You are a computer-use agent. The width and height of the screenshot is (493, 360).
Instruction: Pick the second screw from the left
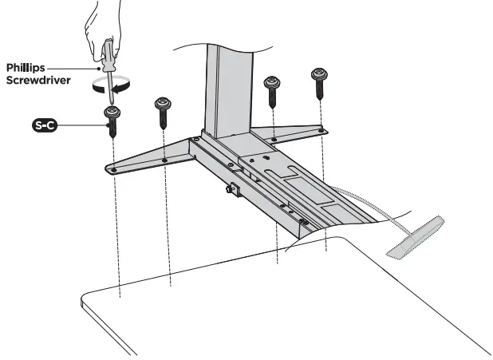[164, 111]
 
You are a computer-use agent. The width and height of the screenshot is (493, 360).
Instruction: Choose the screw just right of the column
[272, 89]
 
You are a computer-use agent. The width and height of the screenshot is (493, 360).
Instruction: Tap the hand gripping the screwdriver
[104, 20]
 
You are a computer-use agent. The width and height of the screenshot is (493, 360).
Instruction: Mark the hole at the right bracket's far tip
[321, 130]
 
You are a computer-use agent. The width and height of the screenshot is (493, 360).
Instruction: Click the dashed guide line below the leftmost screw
[117, 239]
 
